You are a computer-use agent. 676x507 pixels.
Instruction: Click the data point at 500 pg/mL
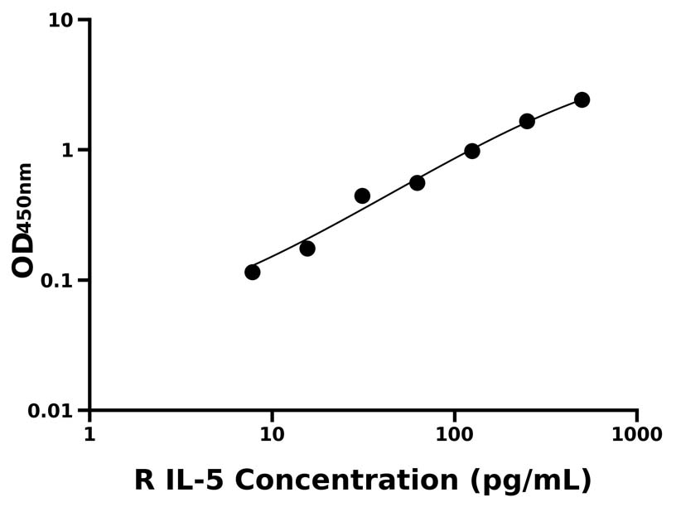[582, 100]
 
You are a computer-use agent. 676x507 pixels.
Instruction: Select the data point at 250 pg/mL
[527, 122]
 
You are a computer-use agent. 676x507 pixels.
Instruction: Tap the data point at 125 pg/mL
[472, 151]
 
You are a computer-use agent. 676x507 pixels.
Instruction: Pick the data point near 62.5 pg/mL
[418, 183]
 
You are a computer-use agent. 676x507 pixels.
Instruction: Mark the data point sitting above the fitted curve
[362, 196]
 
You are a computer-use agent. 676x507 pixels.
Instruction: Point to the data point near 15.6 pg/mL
[307, 249]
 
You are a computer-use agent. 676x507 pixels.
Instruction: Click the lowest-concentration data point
[253, 273]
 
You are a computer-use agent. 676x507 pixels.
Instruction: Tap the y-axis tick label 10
[60, 20]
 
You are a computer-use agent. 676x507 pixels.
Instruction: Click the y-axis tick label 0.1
[56, 281]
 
